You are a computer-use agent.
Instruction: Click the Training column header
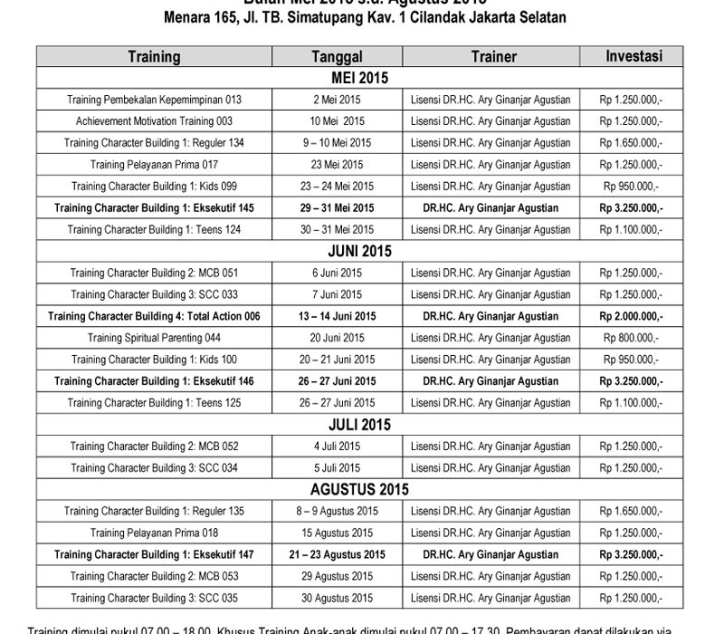[154, 56]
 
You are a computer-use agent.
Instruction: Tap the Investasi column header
[633, 56]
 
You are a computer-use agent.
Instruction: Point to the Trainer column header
[494, 56]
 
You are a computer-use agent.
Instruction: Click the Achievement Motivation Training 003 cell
[155, 120]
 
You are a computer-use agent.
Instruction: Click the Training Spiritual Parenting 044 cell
[155, 338]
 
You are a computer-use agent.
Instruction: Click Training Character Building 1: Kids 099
[155, 186]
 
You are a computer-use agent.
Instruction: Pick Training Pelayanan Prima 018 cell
[155, 533]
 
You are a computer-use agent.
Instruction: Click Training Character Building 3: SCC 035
[155, 598]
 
